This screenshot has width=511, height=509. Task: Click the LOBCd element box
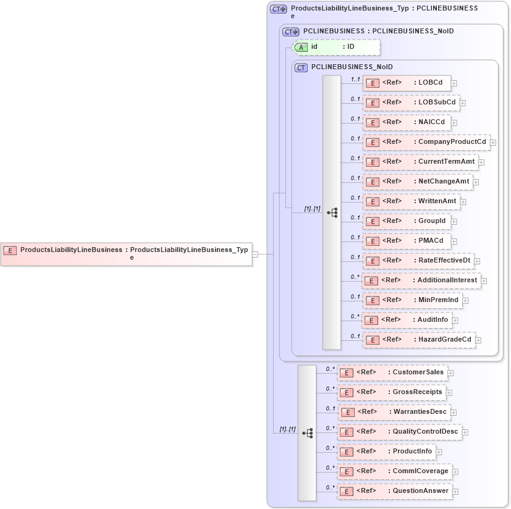point(407,83)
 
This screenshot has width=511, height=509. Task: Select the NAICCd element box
point(407,122)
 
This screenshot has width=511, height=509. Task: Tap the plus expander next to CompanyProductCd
point(493,143)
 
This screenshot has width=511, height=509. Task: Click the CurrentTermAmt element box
point(420,162)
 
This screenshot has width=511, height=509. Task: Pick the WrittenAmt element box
point(410,201)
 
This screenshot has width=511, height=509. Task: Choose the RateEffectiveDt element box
point(418,261)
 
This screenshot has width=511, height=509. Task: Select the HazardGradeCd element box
point(419,340)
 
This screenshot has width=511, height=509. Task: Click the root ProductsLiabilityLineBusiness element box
point(126,253)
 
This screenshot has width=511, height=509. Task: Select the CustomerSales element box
point(392,372)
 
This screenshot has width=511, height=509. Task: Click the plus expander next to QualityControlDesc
point(465,432)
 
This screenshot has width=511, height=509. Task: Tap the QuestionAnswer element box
point(394,491)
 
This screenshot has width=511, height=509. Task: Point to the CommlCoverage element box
point(394,471)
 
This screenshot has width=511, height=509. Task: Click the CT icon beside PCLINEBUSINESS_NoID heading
point(301,67)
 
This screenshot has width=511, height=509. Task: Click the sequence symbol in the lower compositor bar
point(307,433)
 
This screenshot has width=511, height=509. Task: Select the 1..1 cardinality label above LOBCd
point(355,79)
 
